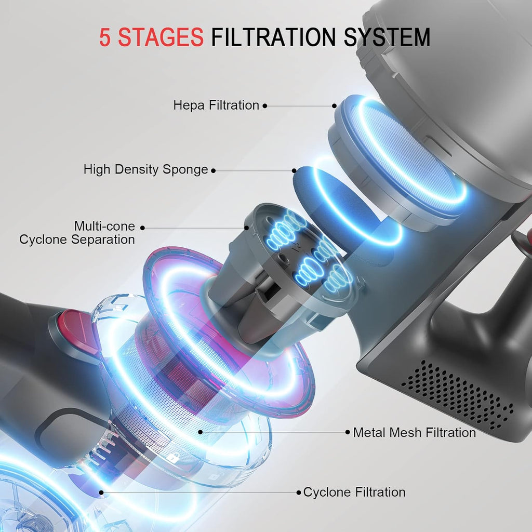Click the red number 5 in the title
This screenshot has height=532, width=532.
[x=105, y=37]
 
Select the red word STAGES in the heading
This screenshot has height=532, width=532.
[x=161, y=37]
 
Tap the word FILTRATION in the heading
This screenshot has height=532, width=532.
[x=273, y=37]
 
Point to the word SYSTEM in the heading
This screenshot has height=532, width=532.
[x=387, y=37]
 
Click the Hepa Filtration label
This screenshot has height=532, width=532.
[x=216, y=105]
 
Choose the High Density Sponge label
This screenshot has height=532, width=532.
[x=145, y=169]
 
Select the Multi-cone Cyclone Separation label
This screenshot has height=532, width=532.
[x=77, y=233]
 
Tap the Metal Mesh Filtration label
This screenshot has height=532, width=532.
[x=414, y=433]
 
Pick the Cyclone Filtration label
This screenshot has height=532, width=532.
[x=354, y=492]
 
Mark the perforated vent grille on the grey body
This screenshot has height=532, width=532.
[x=458, y=395]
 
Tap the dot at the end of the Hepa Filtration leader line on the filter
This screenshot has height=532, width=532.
[x=334, y=106]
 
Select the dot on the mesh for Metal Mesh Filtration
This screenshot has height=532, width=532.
[x=201, y=432]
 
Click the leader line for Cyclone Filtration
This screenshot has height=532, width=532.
[x=200, y=493]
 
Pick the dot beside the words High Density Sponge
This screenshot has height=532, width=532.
[x=214, y=170]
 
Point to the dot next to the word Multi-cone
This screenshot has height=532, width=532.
[x=142, y=228]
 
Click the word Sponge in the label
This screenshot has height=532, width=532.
[x=185, y=169]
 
